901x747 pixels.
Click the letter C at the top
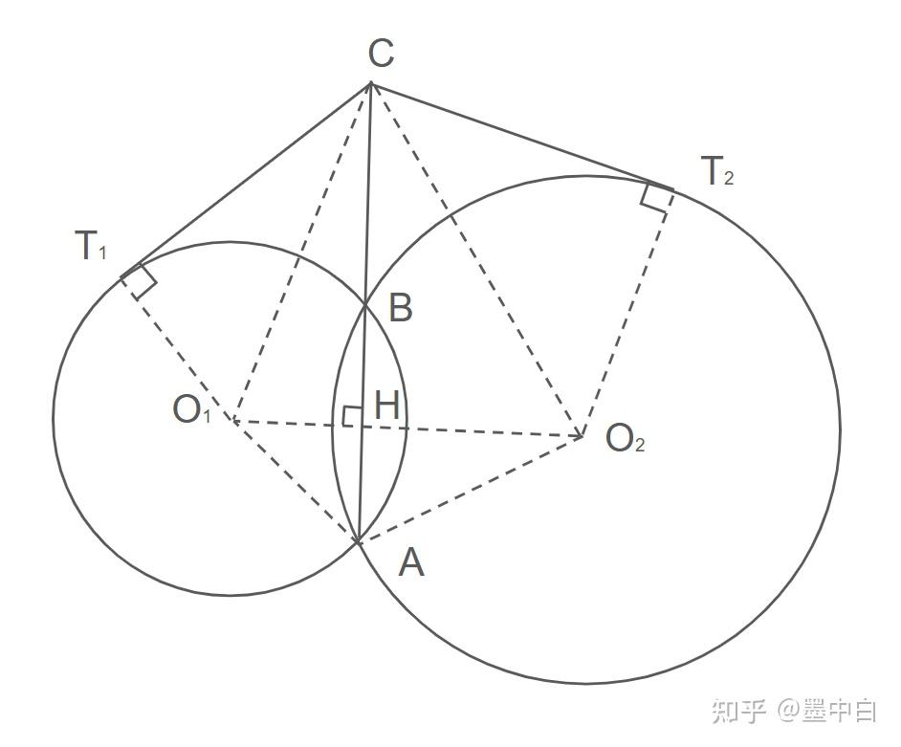pyautogui.click(x=381, y=54)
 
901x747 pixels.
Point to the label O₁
pyautogui.click(x=191, y=410)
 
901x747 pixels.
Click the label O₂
pyautogui.click(x=626, y=439)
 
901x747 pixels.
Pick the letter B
pyautogui.click(x=401, y=308)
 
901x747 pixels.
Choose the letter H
pyautogui.click(x=386, y=406)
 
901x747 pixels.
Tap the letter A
pyautogui.click(x=410, y=564)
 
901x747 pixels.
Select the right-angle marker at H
pyautogui.click(x=351, y=416)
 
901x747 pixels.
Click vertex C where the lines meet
pyautogui.click(x=370, y=84)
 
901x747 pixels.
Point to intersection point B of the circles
pyautogui.click(x=365, y=304)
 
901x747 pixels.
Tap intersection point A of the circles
pyautogui.click(x=357, y=542)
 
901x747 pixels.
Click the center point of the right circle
pyautogui.click(x=582, y=437)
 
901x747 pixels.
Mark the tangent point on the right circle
pyautogui.click(x=672, y=187)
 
